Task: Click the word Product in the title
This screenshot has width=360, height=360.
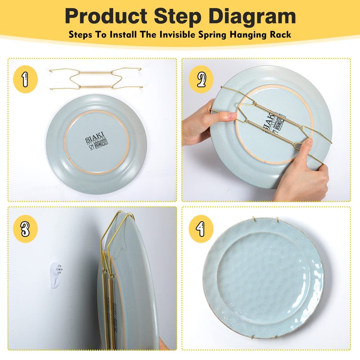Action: coord(106,16)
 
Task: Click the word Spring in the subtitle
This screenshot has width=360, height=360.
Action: coord(213,35)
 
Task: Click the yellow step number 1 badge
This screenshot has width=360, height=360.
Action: coord(25,79)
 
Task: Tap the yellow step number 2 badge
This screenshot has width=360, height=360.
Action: coord(201,79)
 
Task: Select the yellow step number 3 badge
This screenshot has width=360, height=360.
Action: coord(25,229)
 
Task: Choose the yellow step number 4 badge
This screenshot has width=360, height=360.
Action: coord(201,229)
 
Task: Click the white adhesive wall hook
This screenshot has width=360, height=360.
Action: coord(56,275)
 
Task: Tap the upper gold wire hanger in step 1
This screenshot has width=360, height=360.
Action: coord(95,72)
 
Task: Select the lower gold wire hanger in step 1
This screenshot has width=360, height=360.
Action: coord(96,86)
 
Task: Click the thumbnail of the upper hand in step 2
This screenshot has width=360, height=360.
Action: coord(233,116)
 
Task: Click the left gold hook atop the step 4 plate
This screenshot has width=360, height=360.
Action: coord(254,219)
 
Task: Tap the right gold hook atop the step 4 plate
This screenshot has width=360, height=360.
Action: coord(278,220)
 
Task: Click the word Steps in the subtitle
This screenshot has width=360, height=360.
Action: coord(80,35)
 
